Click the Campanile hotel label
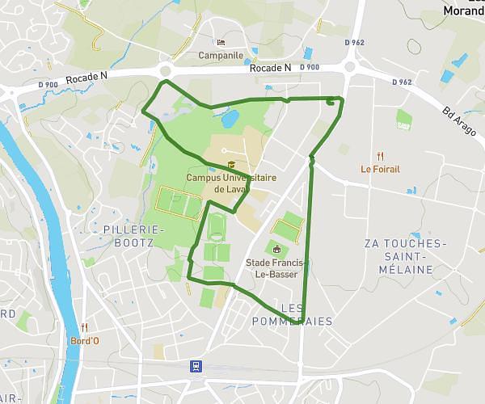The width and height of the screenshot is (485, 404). [221, 56]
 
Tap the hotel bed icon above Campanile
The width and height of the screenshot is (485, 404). [221, 43]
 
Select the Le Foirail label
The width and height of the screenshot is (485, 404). [380, 170]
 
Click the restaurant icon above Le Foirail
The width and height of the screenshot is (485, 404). [380, 157]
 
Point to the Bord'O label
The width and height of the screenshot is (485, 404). [85, 340]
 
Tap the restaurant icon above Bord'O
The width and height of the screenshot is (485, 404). [85, 327]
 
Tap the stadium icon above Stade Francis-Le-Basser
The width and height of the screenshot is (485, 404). [277, 249]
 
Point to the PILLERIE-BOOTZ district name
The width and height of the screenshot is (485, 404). [134, 235]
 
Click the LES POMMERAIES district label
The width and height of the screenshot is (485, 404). [306, 314]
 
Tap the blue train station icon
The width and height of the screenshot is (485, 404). [196, 366]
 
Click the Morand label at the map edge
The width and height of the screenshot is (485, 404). [464, 11]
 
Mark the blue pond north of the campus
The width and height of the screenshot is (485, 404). [230, 120]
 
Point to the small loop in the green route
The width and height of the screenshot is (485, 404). [331, 101]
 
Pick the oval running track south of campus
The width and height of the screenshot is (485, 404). [217, 226]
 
